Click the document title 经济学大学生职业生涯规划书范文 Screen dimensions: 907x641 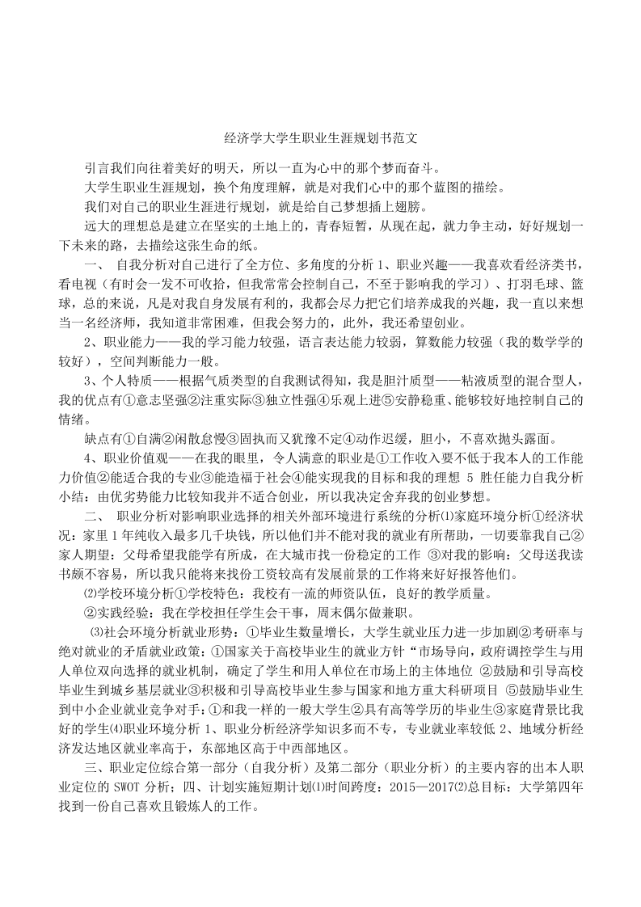(x=320, y=140)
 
